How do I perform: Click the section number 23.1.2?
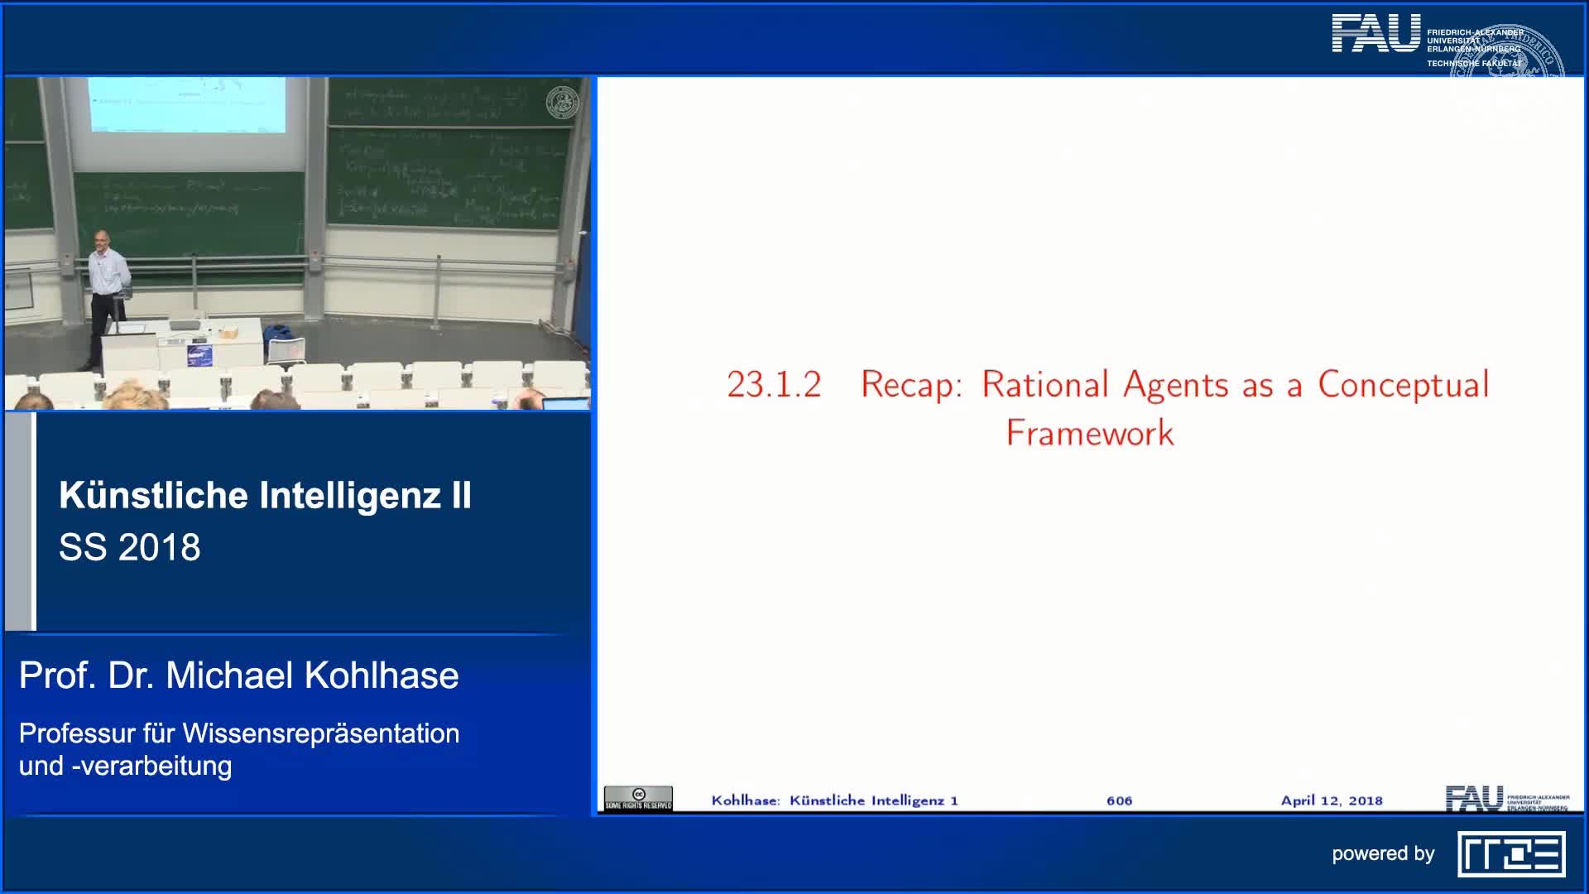(x=774, y=385)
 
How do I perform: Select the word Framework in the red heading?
(x=1090, y=433)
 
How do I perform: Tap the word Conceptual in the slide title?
(x=1404, y=385)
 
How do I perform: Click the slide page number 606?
(x=1119, y=800)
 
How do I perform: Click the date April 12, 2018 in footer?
(x=1331, y=800)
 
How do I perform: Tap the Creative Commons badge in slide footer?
(x=638, y=798)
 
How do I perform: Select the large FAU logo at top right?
(x=1375, y=35)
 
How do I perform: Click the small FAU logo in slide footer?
(x=1475, y=798)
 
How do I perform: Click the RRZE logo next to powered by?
(x=1511, y=853)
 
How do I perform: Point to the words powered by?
(x=1382, y=853)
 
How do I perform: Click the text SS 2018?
(x=130, y=547)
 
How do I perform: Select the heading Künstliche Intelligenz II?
(x=265, y=496)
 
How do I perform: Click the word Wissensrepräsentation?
(x=320, y=733)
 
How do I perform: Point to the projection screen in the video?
(x=187, y=104)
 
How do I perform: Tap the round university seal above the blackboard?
(x=562, y=103)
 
